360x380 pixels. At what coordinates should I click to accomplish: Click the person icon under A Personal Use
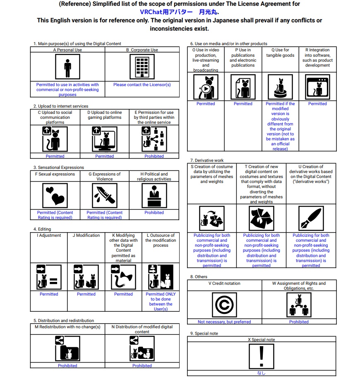(67, 67)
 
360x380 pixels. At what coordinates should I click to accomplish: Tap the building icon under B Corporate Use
(142, 67)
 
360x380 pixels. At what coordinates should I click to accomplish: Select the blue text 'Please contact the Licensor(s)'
(142, 85)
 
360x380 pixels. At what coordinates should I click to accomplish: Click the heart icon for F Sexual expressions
(55, 195)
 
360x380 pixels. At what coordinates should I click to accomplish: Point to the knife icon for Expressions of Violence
(104, 195)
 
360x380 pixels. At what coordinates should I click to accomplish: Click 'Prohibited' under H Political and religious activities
(154, 213)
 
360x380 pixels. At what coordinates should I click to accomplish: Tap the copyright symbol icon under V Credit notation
(224, 305)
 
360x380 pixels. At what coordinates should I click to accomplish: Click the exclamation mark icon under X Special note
(262, 356)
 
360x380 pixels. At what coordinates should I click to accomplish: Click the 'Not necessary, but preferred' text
(224, 322)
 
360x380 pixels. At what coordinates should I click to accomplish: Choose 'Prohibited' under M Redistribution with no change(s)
(67, 366)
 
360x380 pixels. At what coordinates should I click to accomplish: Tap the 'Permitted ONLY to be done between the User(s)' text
(161, 301)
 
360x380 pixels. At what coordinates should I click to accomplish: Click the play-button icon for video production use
(206, 87)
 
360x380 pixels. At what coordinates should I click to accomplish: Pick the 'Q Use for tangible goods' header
(280, 53)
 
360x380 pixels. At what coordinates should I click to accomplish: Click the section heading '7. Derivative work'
(207, 160)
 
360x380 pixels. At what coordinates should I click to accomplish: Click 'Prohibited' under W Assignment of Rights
(299, 322)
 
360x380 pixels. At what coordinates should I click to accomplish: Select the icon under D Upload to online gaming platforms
(104, 139)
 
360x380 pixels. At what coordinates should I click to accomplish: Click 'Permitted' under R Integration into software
(317, 104)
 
